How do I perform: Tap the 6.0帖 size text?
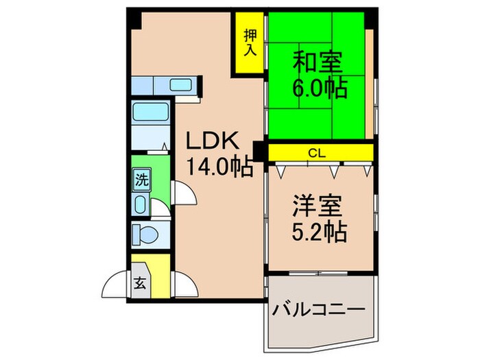320,88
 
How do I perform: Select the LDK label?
214,142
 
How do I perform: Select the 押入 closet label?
250,43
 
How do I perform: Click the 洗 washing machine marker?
141,182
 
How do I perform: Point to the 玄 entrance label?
139,283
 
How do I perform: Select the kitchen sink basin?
181,85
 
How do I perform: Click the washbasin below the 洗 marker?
141,204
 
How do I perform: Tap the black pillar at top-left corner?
134,19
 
